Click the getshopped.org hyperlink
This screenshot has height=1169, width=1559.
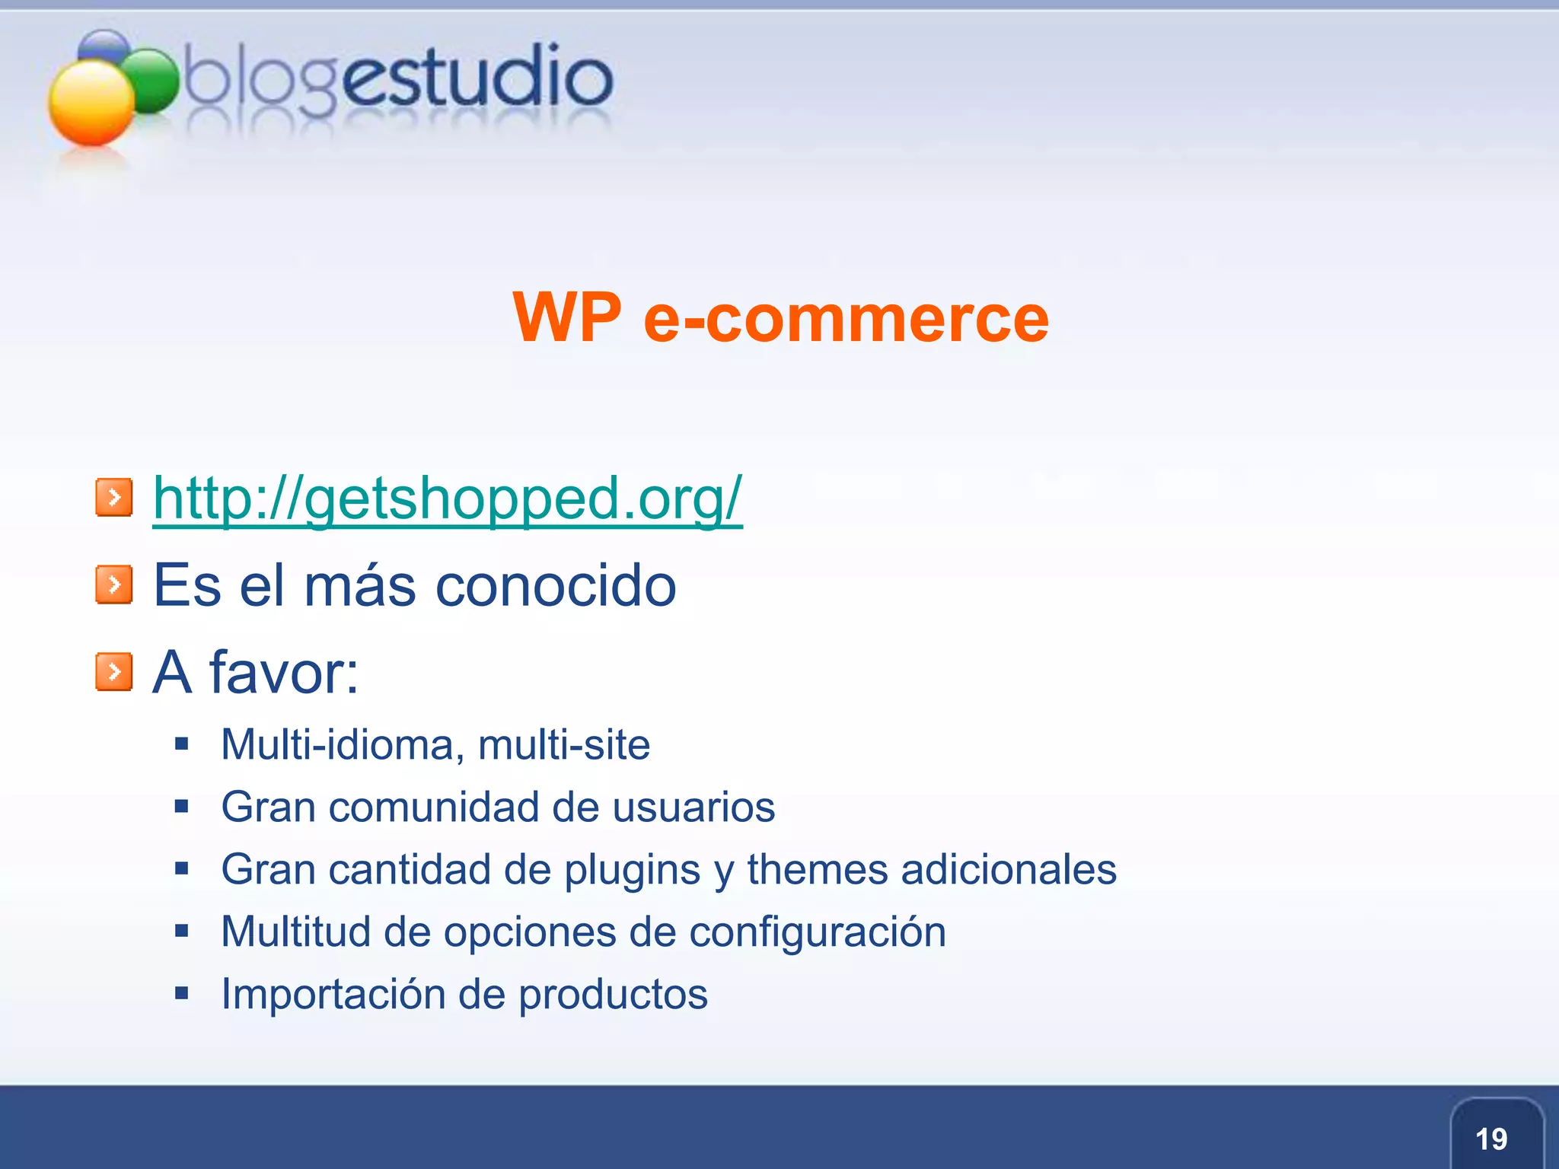tap(448, 499)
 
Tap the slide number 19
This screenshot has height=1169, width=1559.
tap(1490, 1139)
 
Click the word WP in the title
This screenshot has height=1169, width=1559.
tap(567, 317)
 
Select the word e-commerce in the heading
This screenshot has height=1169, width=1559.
tap(846, 319)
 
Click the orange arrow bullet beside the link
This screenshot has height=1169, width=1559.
tap(114, 498)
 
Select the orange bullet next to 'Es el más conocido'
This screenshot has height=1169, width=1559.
tap(114, 584)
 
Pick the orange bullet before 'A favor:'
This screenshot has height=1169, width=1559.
tap(114, 672)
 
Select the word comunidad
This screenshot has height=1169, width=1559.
tap(433, 807)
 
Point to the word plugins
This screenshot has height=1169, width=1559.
tap(632, 870)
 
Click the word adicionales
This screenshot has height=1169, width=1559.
tap(1009, 869)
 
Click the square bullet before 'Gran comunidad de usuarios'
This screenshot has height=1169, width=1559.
tap(181, 806)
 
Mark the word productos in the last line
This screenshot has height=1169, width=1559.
tap(613, 995)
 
